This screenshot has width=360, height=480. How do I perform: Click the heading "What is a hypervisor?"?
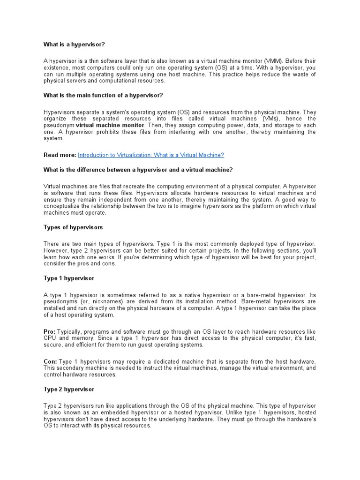74,45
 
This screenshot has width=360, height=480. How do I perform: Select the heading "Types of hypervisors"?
73,227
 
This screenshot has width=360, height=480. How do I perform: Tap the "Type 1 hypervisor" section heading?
68,278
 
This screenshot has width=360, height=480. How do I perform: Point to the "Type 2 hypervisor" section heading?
68,390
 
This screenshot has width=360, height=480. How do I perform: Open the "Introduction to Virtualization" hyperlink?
150,155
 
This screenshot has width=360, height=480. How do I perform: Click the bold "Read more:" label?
60,155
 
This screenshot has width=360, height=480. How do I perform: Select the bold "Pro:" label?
49,332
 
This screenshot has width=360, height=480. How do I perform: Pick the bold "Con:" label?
50,362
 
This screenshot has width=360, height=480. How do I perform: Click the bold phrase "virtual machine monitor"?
110,126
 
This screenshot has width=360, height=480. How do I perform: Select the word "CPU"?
50,338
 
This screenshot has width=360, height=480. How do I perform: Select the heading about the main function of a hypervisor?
103,96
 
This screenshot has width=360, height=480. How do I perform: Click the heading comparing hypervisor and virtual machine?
138,170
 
